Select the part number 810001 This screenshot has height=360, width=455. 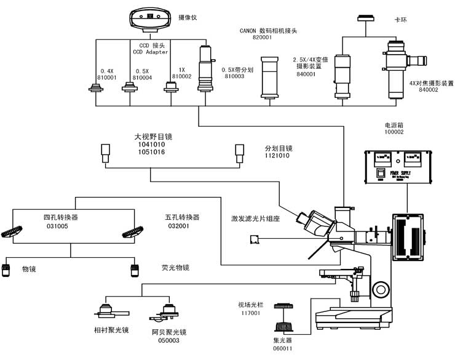(109, 78)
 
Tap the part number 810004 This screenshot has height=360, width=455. (143, 78)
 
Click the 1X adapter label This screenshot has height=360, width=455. (180, 70)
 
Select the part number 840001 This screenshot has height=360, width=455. (306, 74)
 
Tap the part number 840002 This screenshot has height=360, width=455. (429, 90)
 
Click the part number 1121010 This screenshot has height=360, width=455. (278, 156)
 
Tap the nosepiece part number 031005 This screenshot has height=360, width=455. (56, 226)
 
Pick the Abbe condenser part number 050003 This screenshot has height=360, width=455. (165, 340)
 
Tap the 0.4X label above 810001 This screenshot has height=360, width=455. (107, 70)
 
